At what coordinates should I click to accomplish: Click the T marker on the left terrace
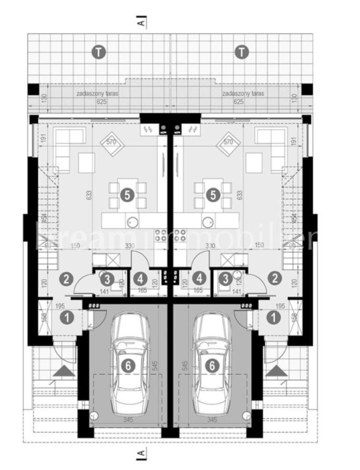tap(98, 52)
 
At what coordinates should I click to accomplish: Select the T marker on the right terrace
tap(242, 52)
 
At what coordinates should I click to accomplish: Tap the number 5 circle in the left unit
tap(126, 195)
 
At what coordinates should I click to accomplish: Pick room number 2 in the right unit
tap(274, 278)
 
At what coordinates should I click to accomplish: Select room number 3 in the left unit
tap(107, 278)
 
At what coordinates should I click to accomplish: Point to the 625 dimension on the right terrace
tap(239, 102)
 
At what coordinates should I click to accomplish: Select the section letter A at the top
tap(140, 23)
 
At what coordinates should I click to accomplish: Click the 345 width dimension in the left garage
tap(126, 419)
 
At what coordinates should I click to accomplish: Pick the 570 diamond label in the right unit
tap(227, 141)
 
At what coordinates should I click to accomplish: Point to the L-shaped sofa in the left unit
tap(67, 144)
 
